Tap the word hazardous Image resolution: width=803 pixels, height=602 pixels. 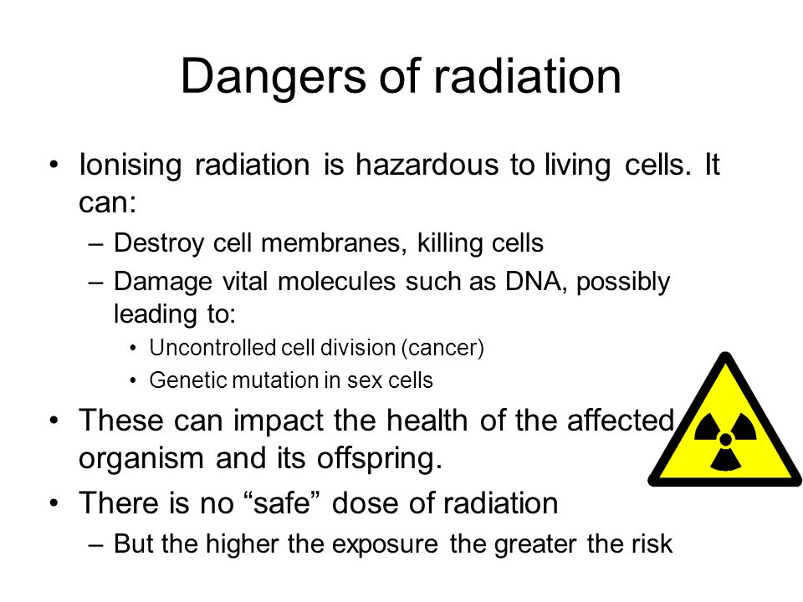coord(427,165)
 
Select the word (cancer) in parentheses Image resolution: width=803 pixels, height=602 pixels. coord(442,349)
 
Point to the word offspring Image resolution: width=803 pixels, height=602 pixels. coord(380,459)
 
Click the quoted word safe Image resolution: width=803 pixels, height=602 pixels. coord(282,503)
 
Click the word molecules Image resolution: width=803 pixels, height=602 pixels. coord(336,282)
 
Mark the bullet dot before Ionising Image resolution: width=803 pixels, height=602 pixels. coord(54,165)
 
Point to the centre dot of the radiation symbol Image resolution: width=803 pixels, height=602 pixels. coord(725,439)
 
